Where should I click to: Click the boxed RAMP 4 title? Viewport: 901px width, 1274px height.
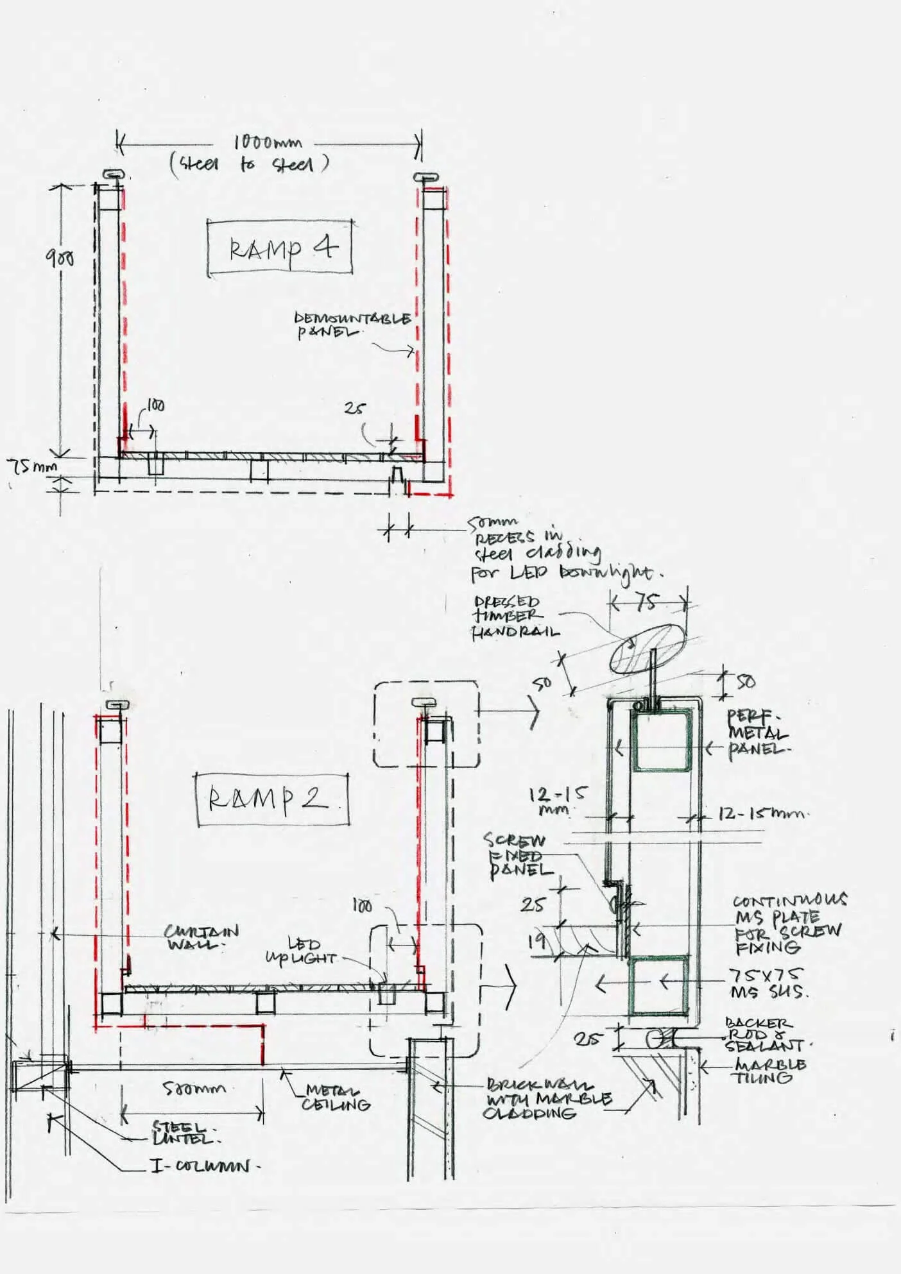(280, 248)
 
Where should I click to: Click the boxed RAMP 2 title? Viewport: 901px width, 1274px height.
(272, 799)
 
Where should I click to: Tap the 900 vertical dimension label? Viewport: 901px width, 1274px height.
(59, 258)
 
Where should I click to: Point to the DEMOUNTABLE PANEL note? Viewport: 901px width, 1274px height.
(352, 325)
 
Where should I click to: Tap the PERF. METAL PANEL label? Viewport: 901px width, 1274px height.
(756, 733)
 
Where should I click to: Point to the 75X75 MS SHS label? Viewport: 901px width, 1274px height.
(768, 983)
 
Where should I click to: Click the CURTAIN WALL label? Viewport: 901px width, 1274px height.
(201, 937)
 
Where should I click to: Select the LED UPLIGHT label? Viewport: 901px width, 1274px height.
(302, 951)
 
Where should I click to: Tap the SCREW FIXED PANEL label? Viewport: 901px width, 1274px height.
(517, 856)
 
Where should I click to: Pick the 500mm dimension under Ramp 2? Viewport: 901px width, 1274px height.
(194, 1088)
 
